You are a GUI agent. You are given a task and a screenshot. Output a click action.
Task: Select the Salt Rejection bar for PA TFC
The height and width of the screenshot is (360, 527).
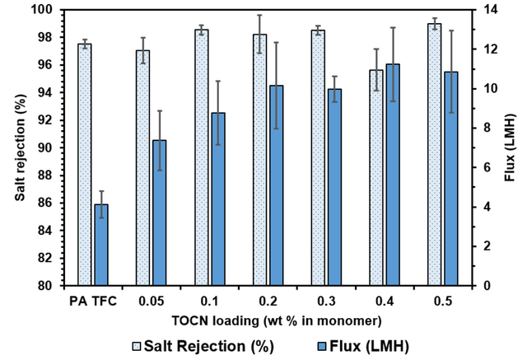pos(85,165)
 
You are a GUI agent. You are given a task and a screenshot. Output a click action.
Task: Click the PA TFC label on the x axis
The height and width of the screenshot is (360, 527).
pos(93,300)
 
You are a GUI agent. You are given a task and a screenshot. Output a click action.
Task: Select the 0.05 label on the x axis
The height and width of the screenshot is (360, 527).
pos(152,300)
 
